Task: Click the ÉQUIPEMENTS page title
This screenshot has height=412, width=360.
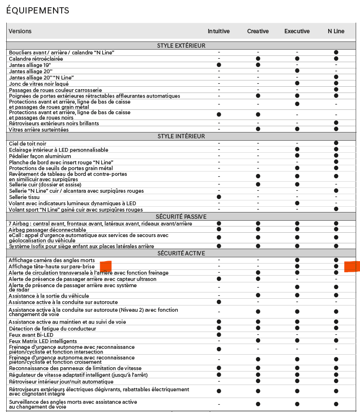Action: coord(38,11)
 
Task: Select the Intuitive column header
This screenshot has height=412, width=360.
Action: coord(218,31)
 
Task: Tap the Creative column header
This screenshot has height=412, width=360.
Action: coord(258,31)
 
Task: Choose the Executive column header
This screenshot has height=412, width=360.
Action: coord(297,31)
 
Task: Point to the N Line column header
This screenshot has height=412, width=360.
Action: coord(336,31)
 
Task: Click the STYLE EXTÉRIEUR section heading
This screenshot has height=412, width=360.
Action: coord(181,46)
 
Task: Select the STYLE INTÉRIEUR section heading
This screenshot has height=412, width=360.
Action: coord(181,136)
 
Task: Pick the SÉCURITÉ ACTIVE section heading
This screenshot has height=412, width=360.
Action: coord(181,253)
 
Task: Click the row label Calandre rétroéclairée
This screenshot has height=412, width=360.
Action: coord(36,58)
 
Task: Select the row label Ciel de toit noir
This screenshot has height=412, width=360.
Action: coord(27,144)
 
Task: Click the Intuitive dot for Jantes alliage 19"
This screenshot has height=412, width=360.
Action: coord(219,65)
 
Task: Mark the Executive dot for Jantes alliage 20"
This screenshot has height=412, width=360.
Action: coord(297,71)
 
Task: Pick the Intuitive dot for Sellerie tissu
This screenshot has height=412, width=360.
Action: coord(219,197)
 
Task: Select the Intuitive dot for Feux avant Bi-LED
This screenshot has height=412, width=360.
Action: coord(219,335)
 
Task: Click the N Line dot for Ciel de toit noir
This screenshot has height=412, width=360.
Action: coord(336,144)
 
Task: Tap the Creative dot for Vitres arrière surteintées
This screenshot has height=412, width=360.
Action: coord(258,130)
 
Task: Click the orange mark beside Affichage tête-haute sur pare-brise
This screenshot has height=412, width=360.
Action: coord(105,266)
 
